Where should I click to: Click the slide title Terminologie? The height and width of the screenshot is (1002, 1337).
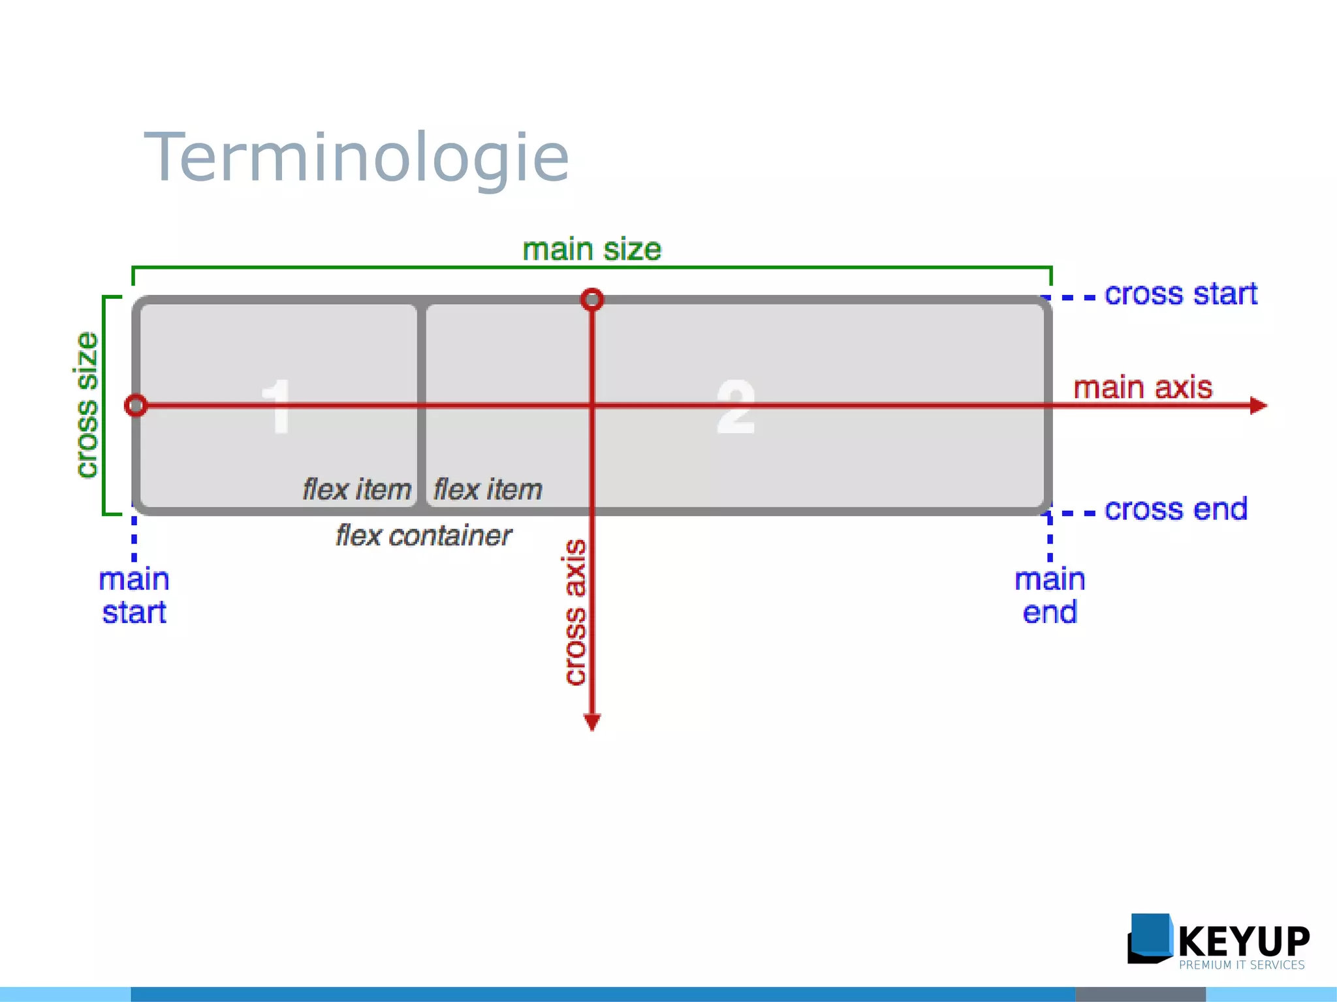[356, 159]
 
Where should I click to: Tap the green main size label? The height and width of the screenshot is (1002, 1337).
[591, 250]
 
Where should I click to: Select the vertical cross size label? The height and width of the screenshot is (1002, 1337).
[86, 405]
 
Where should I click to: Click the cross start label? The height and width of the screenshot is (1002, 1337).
[1180, 294]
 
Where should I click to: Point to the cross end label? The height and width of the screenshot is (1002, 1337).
[1176, 509]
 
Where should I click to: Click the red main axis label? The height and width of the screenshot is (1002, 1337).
[1142, 387]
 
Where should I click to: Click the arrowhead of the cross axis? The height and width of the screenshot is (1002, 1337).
[592, 721]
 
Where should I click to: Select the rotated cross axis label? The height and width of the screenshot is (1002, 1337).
[575, 612]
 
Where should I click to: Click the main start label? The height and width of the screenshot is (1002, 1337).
[134, 596]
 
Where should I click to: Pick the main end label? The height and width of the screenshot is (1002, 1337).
[1049, 596]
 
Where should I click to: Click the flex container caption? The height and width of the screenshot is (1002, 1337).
[423, 536]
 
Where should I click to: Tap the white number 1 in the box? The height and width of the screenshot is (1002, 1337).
[277, 406]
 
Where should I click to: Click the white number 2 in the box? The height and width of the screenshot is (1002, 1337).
[736, 406]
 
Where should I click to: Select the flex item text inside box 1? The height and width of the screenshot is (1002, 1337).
[356, 489]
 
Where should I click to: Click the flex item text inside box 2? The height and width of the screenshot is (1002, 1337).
[488, 489]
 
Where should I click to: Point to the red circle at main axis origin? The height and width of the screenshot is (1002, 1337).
[136, 406]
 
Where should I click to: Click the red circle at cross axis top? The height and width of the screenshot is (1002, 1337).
[592, 299]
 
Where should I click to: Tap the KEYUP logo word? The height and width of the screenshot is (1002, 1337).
[1244, 941]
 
